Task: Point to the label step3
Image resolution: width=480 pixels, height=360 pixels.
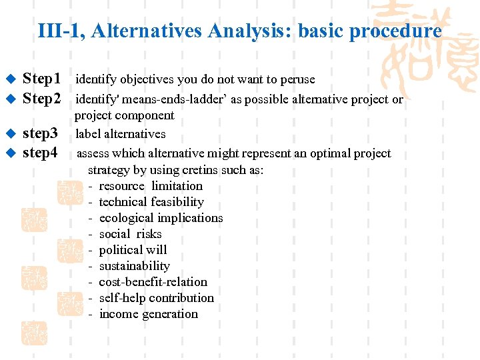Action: [40, 133]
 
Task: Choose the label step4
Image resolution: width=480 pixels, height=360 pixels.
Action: [40, 153]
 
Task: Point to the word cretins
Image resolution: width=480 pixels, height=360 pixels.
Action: [191, 170]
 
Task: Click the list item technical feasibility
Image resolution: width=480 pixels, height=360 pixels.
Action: [151, 202]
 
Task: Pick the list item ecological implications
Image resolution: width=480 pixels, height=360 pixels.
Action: [161, 218]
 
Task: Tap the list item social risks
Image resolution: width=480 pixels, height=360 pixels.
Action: [130, 234]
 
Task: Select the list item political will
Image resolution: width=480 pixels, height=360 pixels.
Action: [133, 250]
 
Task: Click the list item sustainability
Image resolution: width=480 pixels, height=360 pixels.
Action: [134, 266]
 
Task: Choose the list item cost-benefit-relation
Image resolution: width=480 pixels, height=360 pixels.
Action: [153, 282]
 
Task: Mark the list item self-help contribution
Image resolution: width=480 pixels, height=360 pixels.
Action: [156, 298]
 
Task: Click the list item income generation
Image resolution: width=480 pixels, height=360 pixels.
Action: [148, 314]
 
